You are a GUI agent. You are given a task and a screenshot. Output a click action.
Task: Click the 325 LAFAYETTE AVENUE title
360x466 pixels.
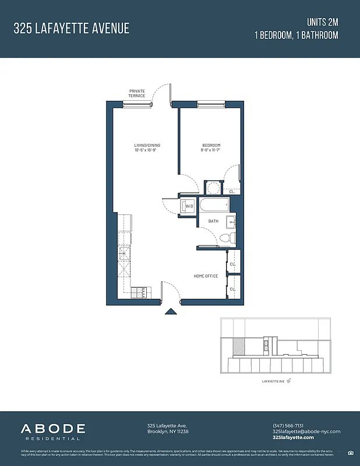pyautogui.click(x=72, y=28)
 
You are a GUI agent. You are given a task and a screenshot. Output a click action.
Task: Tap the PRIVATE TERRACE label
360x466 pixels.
pyautogui.click(x=137, y=93)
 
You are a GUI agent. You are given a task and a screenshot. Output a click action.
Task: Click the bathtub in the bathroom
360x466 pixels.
pyautogui.click(x=214, y=206)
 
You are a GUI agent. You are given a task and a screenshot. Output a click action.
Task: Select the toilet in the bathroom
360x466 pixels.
pyautogui.click(x=228, y=237)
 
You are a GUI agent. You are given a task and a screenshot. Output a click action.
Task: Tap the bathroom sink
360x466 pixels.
pyautogui.click(x=232, y=221)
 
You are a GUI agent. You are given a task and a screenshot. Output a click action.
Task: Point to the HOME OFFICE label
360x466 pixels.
pyautogui.click(x=206, y=276)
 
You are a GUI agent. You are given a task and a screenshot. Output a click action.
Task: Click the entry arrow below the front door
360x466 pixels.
pyautogui.click(x=170, y=312)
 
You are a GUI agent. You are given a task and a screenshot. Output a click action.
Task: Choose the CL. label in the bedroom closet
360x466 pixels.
pyautogui.click(x=232, y=191)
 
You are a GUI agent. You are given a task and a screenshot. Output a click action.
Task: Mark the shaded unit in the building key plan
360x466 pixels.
pyautogui.click(x=239, y=348)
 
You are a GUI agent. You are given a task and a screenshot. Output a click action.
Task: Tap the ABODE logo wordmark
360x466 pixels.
pyautogui.click(x=54, y=429)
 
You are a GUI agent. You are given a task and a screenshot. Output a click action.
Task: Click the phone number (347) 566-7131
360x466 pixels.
pyautogui.click(x=288, y=425)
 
